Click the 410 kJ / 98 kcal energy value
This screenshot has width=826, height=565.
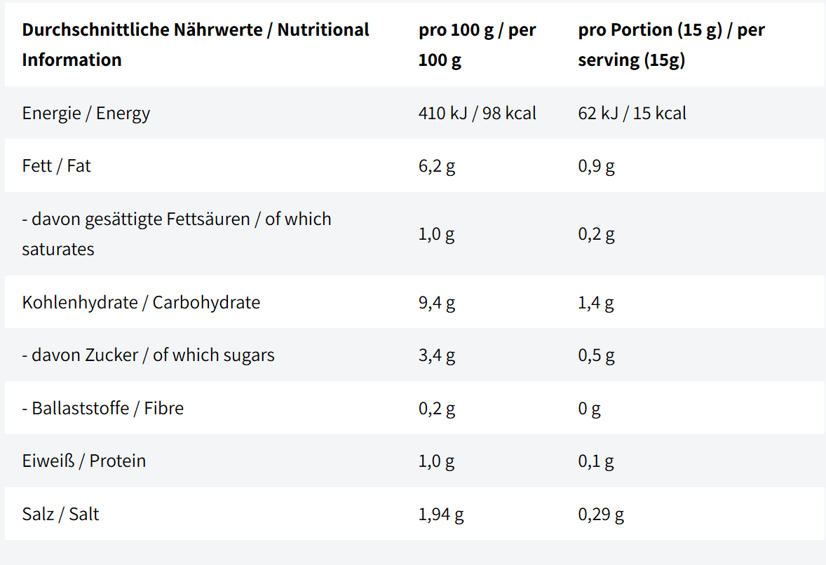coord(478,114)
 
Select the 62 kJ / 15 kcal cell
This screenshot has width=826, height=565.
coord(632,114)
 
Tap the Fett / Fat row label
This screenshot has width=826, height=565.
coord(56,166)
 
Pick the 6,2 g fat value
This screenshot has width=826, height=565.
coord(437,166)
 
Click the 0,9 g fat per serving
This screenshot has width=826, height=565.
coord(596,166)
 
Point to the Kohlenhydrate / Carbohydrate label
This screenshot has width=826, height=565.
coord(141,303)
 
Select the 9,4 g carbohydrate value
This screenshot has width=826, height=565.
coord(437,304)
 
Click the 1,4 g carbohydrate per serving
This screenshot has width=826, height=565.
coord(596,304)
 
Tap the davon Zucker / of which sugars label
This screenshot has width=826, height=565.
coord(149,355)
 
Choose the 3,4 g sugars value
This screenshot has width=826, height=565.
coord(437,356)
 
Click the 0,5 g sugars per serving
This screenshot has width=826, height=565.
coord(596,356)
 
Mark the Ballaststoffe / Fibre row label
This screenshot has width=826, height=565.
coord(103,408)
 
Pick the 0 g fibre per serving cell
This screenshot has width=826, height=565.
coord(590,409)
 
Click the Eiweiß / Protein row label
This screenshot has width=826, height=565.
coord(84,461)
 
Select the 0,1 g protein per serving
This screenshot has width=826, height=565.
coord(596,462)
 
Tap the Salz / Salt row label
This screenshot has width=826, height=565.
coord(60,514)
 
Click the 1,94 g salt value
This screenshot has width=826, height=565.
coord(442,515)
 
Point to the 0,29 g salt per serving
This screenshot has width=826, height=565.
coord(601,515)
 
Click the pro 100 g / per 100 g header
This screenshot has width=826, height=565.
coord(478,45)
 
